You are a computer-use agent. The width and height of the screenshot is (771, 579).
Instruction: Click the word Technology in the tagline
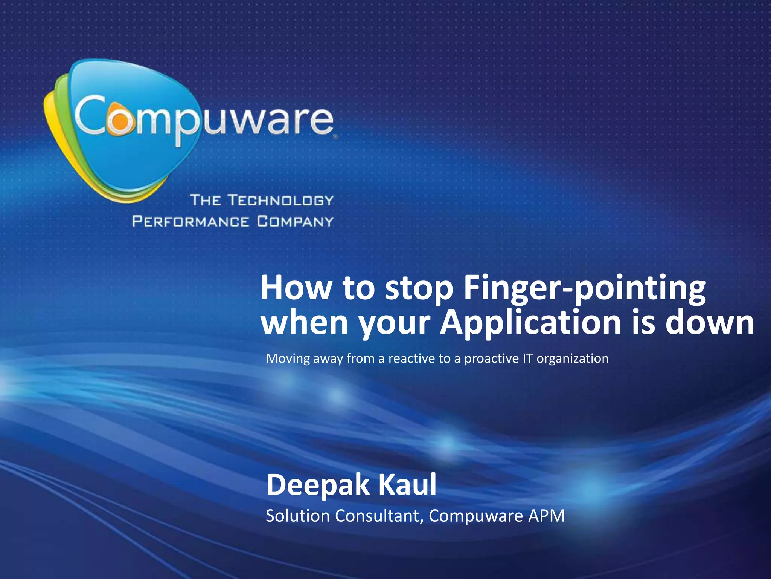pos(281,200)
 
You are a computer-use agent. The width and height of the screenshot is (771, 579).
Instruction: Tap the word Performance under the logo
pos(190,221)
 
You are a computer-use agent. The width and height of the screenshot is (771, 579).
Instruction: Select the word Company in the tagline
pos(296,221)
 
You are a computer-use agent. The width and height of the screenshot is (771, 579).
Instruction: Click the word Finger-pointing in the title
pos(585,288)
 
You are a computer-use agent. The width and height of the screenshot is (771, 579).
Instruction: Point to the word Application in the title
pos(530,323)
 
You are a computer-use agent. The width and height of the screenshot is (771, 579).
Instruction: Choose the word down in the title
pos(710,323)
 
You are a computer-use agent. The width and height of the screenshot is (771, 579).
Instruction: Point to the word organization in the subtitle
pos(572,359)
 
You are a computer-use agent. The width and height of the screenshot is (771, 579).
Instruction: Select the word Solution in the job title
pos(298,516)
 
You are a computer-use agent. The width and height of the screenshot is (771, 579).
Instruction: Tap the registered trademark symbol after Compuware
pos(335,138)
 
